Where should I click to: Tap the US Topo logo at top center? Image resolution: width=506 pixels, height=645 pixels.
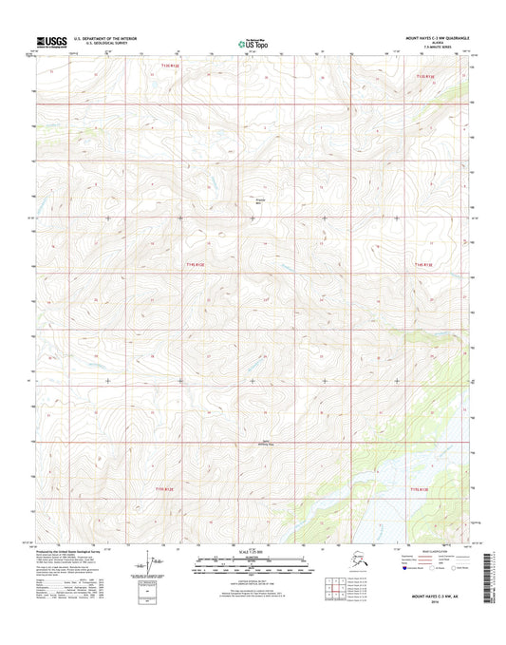tap(253, 42)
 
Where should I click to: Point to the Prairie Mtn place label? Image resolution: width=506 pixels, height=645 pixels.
tap(261, 201)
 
